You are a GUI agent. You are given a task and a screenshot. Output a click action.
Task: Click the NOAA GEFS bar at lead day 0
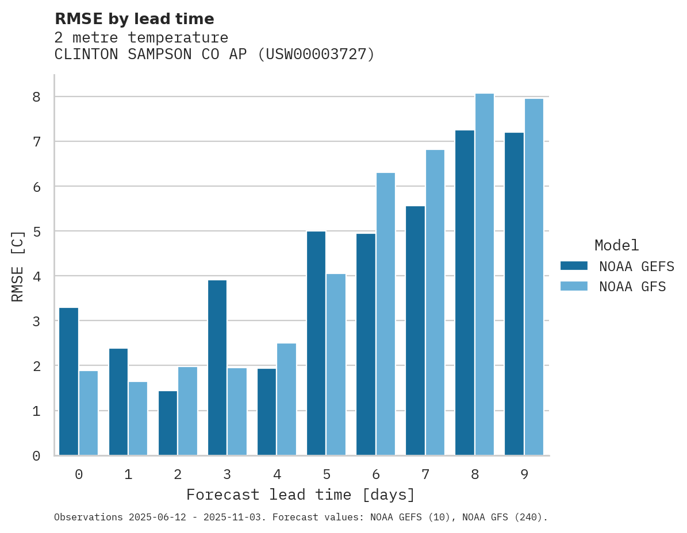click(x=68, y=381)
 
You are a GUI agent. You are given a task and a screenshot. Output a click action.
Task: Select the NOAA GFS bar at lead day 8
click(x=485, y=275)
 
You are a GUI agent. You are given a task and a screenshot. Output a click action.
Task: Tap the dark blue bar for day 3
click(x=217, y=368)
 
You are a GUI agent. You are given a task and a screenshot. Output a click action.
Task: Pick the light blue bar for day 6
click(x=386, y=314)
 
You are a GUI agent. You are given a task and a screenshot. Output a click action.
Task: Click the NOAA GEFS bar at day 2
click(x=168, y=423)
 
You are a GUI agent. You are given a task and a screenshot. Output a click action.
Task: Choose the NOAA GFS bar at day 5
click(x=336, y=365)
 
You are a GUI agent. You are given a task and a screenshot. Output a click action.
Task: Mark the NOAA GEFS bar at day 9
click(x=514, y=294)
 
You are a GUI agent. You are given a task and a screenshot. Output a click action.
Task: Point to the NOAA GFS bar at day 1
click(x=138, y=419)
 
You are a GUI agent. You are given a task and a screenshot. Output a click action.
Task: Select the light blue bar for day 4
click(x=287, y=399)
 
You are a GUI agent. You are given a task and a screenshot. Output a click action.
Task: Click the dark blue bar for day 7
click(x=415, y=331)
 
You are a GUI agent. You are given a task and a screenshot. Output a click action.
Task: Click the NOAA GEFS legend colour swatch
click(x=574, y=265)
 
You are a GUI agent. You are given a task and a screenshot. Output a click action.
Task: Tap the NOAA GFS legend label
click(x=632, y=287)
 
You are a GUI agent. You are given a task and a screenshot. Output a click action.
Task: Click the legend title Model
click(x=616, y=245)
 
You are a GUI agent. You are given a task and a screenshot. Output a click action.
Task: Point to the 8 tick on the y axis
click(x=36, y=96)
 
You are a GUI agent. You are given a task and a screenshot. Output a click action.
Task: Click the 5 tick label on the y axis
click(x=36, y=231)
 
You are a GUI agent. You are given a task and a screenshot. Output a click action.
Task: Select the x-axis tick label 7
click(x=425, y=475)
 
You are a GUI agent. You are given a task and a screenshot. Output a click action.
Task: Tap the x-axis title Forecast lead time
click(x=300, y=495)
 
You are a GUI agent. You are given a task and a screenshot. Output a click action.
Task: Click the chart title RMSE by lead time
click(x=134, y=19)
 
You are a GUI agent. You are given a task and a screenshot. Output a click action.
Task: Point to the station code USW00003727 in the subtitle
click(x=316, y=55)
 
